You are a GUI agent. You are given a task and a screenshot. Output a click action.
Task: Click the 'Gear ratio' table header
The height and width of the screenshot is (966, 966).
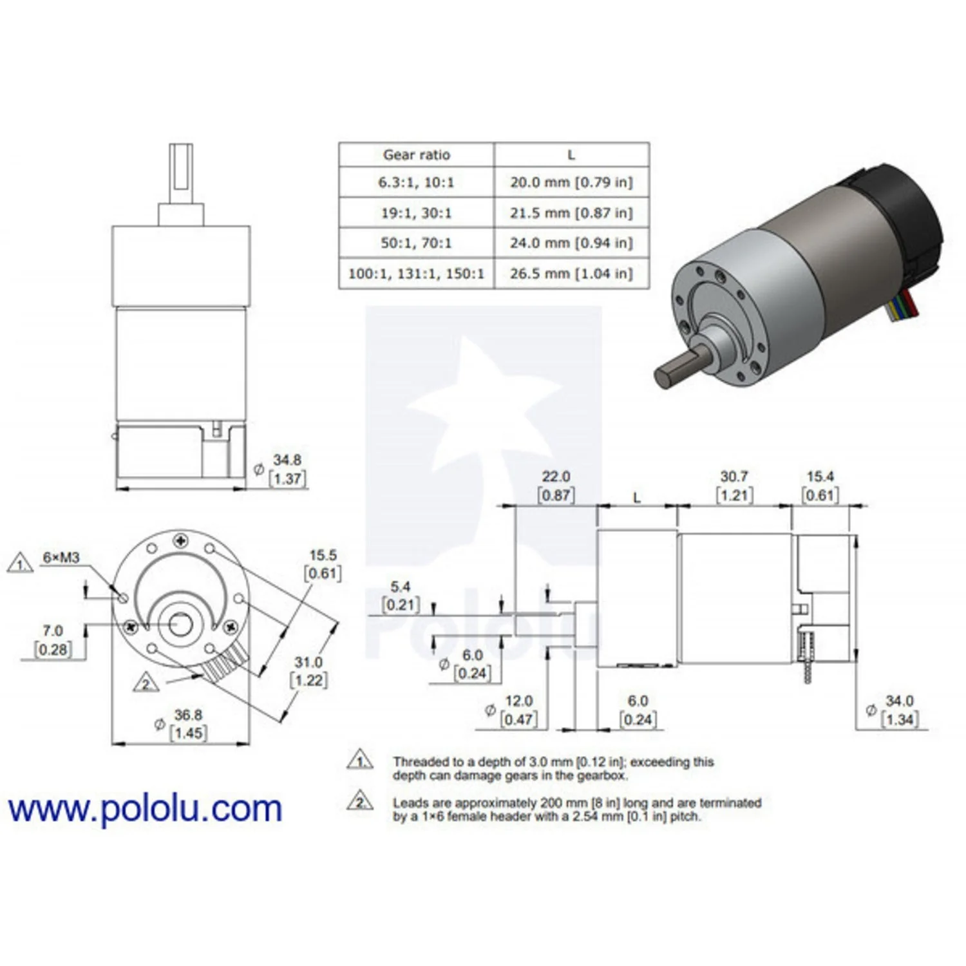click(416, 155)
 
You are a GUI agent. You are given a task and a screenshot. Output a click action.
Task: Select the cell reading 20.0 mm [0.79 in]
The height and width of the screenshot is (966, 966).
click(571, 182)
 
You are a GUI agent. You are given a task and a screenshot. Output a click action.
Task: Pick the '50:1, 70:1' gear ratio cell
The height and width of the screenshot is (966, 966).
click(416, 243)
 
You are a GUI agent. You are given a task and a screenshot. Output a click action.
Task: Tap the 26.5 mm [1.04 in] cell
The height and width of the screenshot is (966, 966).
click(571, 273)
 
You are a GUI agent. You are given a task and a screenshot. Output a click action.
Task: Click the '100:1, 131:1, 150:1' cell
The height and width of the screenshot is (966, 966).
click(416, 273)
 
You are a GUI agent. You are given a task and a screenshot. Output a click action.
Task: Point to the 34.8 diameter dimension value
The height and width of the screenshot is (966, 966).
click(287, 460)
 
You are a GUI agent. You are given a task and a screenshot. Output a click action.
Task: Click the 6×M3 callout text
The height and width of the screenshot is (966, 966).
click(61, 557)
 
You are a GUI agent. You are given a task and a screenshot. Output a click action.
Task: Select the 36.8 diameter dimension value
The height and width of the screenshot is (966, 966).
click(188, 715)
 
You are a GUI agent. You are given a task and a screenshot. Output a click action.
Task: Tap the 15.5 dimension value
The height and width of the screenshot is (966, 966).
click(323, 555)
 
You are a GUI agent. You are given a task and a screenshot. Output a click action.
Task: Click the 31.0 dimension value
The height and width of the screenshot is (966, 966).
click(308, 662)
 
